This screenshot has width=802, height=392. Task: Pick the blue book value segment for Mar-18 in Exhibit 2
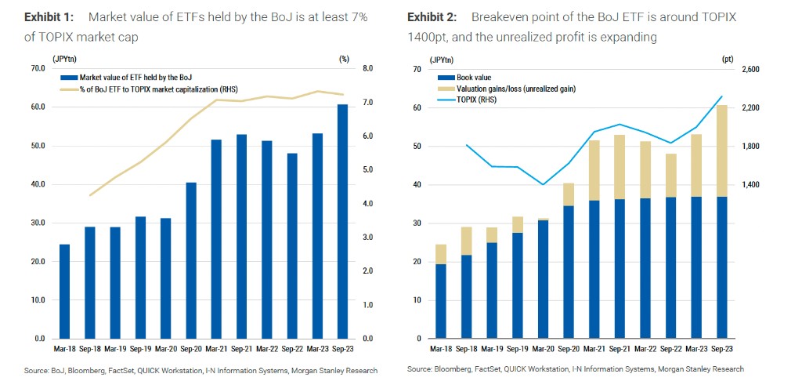[x=441, y=301]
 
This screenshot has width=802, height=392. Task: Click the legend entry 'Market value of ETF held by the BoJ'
[x=130, y=77]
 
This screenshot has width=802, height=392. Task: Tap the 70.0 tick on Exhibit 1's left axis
[x=38, y=69]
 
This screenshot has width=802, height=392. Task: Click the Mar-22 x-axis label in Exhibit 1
[x=267, y=350]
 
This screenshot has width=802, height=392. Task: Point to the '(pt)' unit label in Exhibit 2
[x=728, y=59]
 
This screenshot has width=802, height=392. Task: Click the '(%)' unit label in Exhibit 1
[x=344, y=59]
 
